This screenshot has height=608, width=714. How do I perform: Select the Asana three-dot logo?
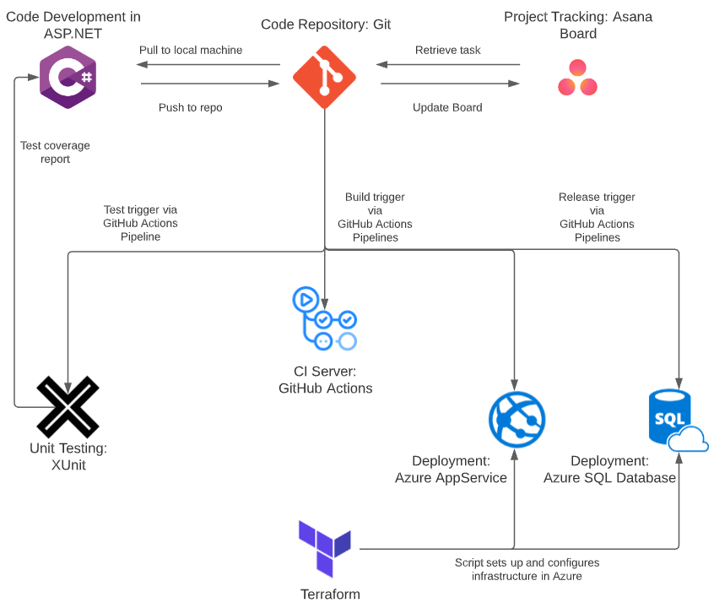pos(577,78)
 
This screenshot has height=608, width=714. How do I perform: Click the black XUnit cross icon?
pos(68,406)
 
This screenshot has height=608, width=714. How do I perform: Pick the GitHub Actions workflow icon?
pos(324,319)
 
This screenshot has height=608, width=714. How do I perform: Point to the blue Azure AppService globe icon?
pos(517,420)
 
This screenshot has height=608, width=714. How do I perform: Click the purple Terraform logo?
pos(325,548)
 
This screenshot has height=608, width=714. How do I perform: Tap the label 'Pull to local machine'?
pos(191,51)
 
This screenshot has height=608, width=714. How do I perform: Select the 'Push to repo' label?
pos(191,108)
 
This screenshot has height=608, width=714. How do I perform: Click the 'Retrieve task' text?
pos(447,51)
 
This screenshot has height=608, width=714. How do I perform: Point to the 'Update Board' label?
pos(447,108)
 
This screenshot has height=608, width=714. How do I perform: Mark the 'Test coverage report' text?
pos(55,152)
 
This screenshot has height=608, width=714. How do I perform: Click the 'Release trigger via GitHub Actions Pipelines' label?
pos(597,217)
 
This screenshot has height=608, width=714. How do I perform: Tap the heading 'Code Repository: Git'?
pos(326,24)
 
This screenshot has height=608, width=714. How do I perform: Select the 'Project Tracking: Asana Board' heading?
pos(577,25)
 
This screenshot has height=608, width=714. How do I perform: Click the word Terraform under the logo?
pos(330,594)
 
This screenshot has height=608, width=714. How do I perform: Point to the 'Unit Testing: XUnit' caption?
pos(68,456)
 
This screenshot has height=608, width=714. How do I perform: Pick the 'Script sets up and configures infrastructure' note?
pos(527,569)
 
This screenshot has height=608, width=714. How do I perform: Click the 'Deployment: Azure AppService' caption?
pos(451,470)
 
